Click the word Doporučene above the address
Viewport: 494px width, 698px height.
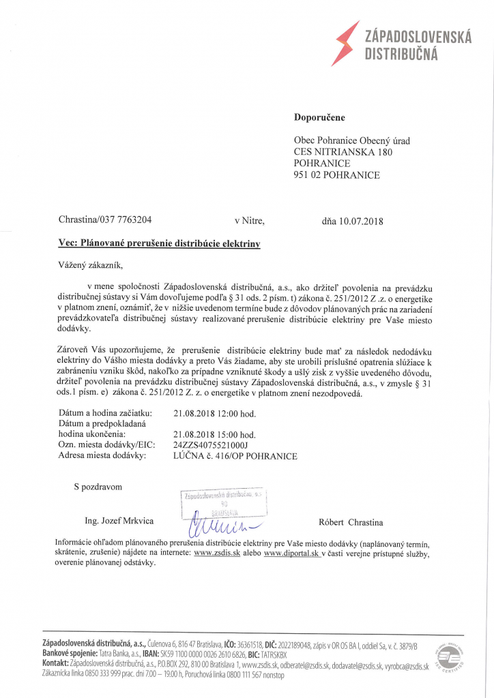(319, 117)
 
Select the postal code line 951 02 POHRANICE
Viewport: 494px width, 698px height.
(336, 175)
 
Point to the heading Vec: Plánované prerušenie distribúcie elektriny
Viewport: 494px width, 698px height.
(159, 243)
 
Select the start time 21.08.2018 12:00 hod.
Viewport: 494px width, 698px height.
(215, 413)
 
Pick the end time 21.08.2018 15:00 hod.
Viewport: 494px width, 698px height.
(215, 434)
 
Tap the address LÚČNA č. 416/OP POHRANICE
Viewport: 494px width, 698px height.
(235, 456)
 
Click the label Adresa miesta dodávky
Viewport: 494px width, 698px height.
(102, 456)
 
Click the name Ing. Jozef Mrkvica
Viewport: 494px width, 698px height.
(119, 521)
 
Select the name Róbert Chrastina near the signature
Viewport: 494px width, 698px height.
(351, 523)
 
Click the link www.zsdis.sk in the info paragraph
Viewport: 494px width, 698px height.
(216, 553)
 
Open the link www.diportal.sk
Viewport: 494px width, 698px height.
(292, 553)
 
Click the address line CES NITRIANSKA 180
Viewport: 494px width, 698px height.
(343, 152)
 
